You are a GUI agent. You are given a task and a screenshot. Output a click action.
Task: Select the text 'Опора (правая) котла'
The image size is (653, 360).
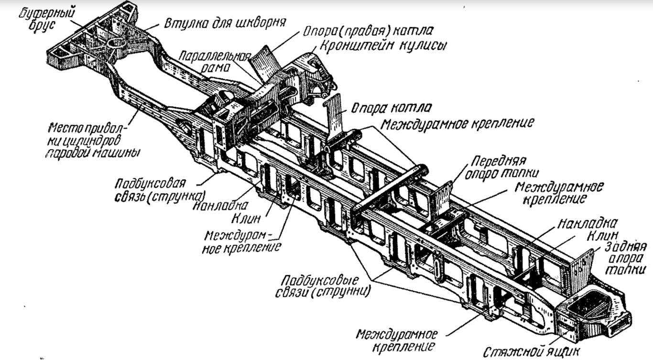pyautogui.click(x=368, y=31)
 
